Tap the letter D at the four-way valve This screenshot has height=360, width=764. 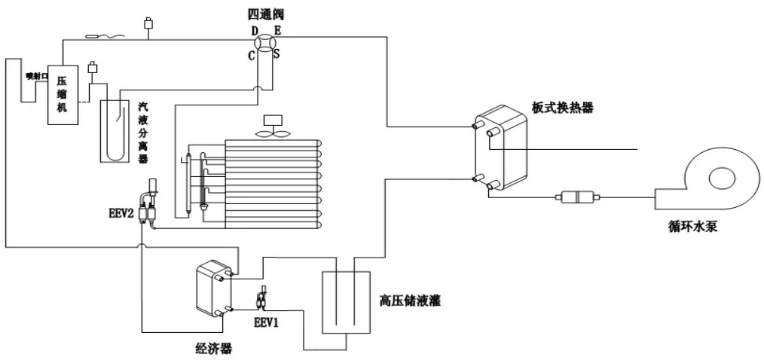tap(255, 30)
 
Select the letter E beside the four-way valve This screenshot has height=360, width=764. tap(277, 30)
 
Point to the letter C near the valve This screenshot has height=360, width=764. tap(252, 54)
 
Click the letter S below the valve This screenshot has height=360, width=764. tap(277, 54)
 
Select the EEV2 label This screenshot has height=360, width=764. tap(121, 215)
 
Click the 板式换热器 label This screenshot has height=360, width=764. tap(568, 108)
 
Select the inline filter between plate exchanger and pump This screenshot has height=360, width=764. tap(575, 197)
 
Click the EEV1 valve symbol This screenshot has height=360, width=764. tap(262, 300)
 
